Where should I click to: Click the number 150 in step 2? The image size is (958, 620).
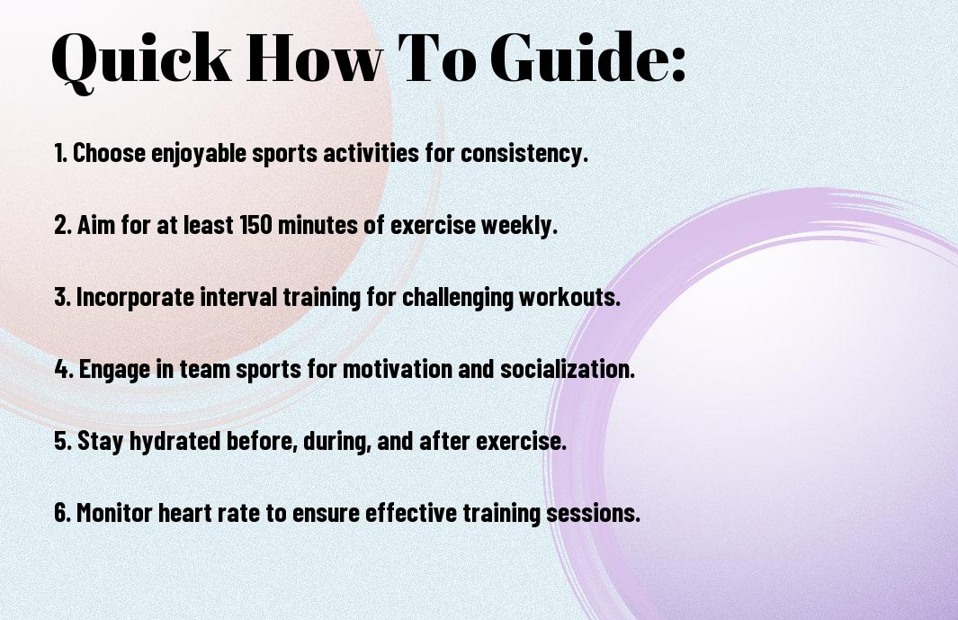point(255,224)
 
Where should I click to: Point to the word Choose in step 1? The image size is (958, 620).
point(110,153)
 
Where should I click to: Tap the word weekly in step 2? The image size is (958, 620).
point(519,226)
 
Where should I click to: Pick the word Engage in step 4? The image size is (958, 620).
point(114,370)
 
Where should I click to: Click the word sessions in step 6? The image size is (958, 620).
point(593,513)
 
